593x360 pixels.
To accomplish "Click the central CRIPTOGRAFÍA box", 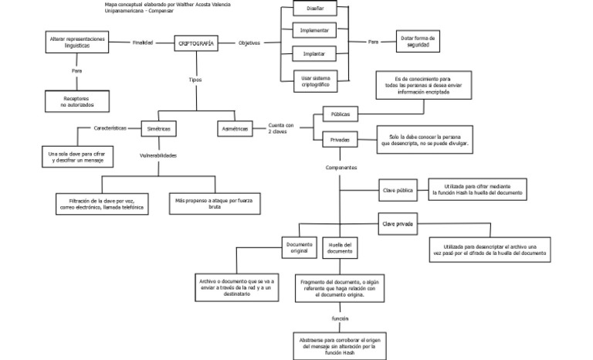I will point(196,43).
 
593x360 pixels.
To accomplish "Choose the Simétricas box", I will point(161,127).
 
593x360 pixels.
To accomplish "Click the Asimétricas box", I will point(235,129).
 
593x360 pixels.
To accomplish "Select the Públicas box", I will point(340,114).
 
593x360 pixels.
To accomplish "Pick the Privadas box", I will point(340,140).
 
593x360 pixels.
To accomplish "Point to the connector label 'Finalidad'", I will point(143,42).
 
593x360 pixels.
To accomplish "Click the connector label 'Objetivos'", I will point(249,42).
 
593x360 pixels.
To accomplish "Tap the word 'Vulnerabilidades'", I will point(158,155).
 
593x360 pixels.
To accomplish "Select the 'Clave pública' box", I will point(398,188).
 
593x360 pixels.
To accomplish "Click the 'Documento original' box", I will point(299,248).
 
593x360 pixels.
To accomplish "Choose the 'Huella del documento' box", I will point(339,248).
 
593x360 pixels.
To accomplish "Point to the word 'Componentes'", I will point(341,168).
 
